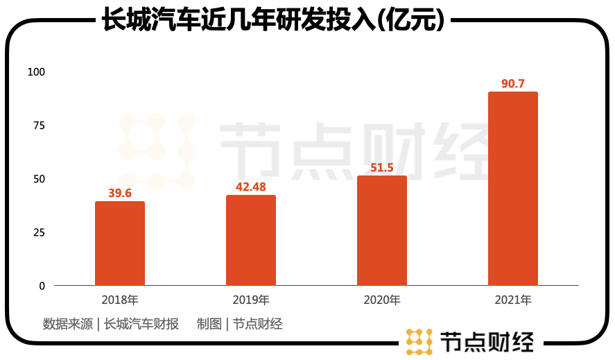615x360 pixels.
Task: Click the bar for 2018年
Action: point(120,243)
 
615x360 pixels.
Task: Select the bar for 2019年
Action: point(251,241)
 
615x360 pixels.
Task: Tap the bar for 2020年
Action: point(382,231)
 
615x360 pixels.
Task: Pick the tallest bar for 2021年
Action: point(513,189)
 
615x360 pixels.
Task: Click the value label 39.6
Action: point(120,194)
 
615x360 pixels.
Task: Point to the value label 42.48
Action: point(251,187)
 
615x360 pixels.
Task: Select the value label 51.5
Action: point(382,168)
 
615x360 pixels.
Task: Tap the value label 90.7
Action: point(513,84)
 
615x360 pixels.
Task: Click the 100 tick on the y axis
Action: point(35,72)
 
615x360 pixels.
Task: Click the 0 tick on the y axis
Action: point(42,286)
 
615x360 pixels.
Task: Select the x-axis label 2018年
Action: point(120,301)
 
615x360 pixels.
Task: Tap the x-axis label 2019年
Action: point(251,301)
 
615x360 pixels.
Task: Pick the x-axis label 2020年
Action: point(382,301)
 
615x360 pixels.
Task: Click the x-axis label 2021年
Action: point(513,301)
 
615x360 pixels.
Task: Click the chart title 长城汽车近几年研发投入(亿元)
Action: point(272,19)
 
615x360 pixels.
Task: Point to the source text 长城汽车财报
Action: point(141,324)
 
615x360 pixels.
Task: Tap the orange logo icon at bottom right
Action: point(419,341)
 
